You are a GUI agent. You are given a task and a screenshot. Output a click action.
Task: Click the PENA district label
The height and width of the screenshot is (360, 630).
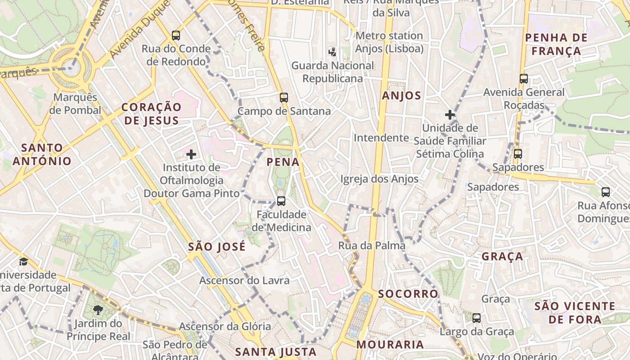(283, 162)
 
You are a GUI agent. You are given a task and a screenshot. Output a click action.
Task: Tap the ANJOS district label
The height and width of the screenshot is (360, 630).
(401, 95)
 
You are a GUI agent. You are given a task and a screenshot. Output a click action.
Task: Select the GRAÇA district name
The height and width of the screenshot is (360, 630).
(502, 256)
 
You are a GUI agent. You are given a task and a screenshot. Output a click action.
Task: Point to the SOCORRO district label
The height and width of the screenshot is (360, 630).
(408, 294)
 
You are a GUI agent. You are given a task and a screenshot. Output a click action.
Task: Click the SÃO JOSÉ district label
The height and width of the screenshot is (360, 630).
(217, 247)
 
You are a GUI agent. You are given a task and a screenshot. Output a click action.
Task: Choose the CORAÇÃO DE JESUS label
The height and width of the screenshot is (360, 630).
(152, 113)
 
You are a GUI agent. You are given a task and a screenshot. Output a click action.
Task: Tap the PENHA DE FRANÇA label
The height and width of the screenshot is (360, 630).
(556, 44)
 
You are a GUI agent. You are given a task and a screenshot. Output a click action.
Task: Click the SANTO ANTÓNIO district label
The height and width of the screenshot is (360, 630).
(42, 154)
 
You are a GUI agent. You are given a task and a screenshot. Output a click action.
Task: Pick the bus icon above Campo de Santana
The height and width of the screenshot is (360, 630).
(283, 97)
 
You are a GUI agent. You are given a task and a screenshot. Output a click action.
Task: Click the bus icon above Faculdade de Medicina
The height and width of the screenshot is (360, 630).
(281, 201)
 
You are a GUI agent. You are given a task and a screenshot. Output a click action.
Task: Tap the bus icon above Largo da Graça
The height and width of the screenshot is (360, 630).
(477, 318)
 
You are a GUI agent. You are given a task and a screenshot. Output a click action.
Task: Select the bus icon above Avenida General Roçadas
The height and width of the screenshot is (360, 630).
(523, 79)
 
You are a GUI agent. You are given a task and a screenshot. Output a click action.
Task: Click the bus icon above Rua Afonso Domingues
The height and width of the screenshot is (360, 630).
(606, 192)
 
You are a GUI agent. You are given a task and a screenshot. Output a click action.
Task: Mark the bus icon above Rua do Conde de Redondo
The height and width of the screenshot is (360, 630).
(176, 35)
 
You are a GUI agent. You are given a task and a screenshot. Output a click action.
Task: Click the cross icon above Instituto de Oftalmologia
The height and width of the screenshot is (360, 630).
(191, 155)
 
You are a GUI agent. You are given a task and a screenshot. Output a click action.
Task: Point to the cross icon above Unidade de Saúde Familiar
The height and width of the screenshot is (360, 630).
(450, 115)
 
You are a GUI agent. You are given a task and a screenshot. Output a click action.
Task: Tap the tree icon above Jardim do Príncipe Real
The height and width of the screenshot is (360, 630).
(98, 310)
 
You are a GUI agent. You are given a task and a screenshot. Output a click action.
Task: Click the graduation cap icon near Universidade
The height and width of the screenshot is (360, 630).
(23, 261)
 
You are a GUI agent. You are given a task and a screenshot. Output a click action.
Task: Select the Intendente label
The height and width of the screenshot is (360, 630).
(381, 138)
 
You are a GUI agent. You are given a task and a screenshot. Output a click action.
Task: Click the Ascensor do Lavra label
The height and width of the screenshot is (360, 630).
(244, 281)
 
